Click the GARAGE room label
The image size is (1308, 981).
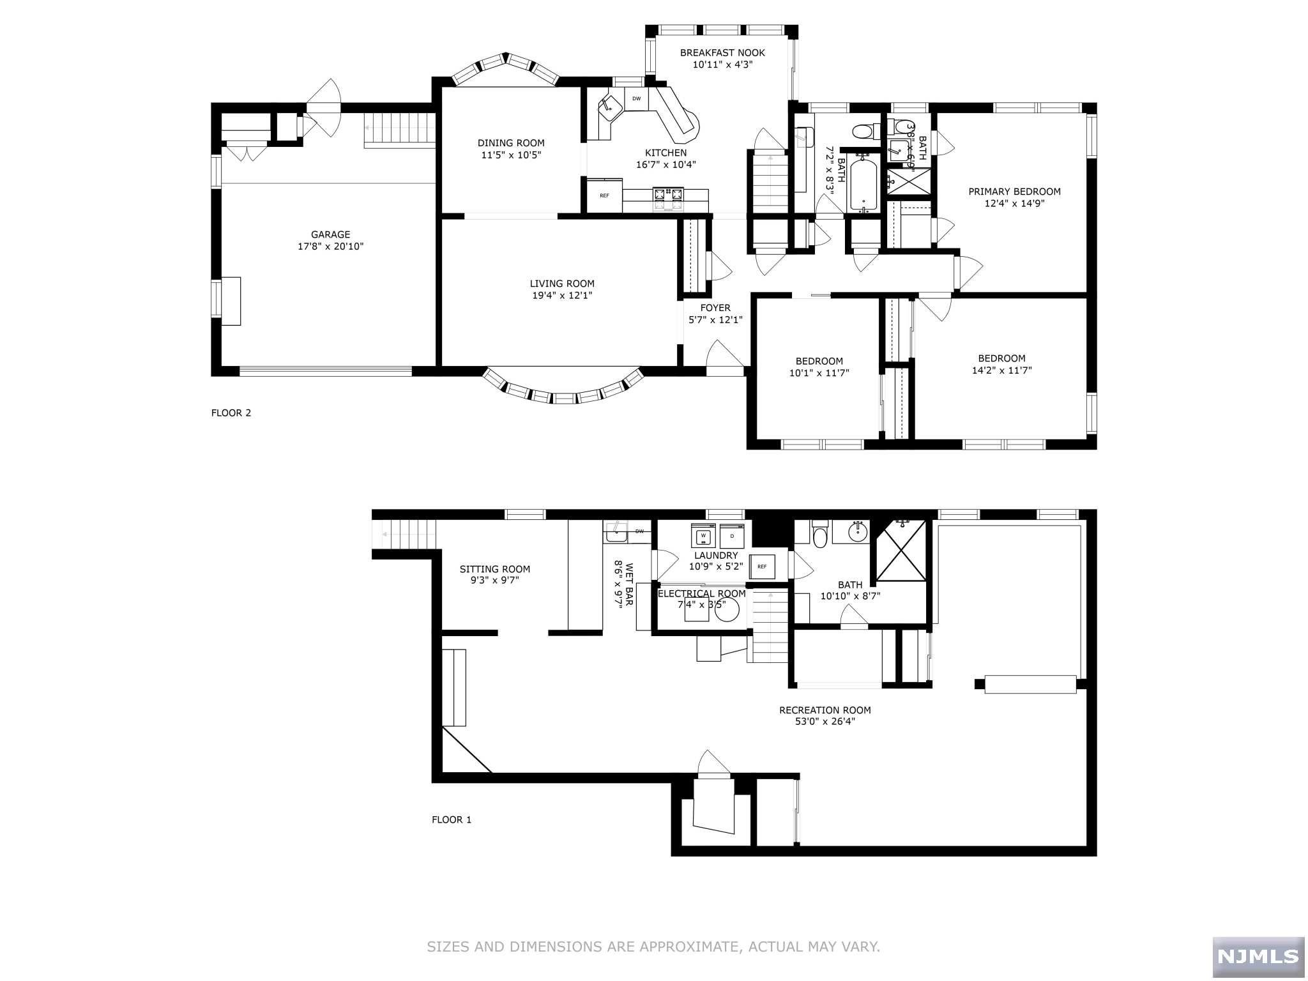pos(330,234)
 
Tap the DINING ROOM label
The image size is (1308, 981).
pos(511,143)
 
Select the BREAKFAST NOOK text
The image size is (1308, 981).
pos(722,53)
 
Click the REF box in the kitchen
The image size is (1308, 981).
pos(604,195)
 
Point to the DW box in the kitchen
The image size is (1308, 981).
pos(636,98)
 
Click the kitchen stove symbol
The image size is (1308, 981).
pos(668,199)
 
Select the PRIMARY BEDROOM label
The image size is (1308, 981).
pos(1014,192)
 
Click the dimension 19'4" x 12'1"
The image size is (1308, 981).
pos(562,296)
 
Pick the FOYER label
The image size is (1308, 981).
pos(715,308)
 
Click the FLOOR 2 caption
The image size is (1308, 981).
pos(231,413)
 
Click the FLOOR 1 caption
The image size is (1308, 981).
pos(452,819)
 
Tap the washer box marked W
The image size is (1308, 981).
pos(703,535)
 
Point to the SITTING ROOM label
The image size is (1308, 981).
pos(495,569)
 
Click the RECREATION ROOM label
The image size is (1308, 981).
pos(825,710)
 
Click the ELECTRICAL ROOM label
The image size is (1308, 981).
pos(702,594)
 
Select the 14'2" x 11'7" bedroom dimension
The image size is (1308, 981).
pos(1001,370)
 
